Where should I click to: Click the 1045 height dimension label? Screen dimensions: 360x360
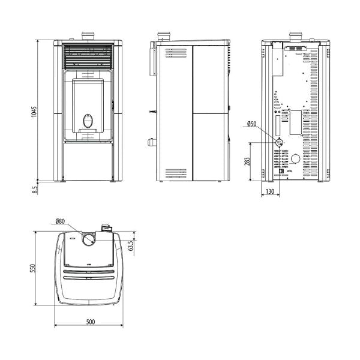coord(34,112)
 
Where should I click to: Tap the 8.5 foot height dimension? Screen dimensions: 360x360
coord(35,190)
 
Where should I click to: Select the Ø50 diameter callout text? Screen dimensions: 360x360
coord(251,124)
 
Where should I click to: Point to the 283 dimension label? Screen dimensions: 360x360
coord(247,162)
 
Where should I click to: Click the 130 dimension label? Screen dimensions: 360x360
coord(270,191)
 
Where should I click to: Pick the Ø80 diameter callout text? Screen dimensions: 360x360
coord(60,221)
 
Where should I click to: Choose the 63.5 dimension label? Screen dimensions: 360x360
coord(131,245)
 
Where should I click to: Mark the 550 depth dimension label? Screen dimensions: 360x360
coord(33,268)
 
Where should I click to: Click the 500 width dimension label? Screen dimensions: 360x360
coord(91,322)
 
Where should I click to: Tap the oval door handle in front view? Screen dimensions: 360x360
coord(88,121)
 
